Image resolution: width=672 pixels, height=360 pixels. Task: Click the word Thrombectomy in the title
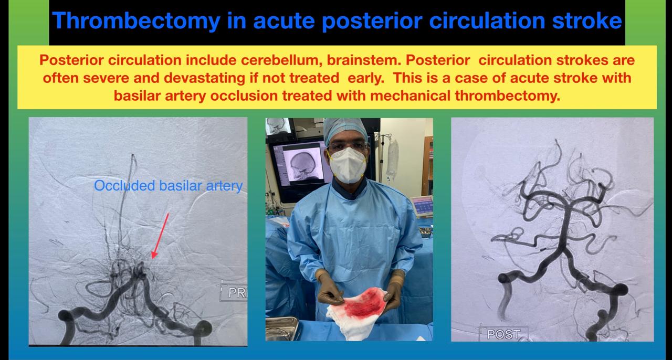tap(136, 21)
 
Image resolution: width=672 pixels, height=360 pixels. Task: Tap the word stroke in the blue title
tap(587, 20)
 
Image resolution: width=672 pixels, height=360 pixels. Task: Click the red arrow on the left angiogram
tap(161, 236)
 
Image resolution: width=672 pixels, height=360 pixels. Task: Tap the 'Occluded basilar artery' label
tap(168, 186)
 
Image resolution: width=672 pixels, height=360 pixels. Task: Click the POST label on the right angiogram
tap(503, 334)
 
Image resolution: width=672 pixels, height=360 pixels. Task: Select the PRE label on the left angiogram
tap(238, 292)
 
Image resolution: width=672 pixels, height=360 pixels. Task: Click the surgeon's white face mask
tap(348, 165)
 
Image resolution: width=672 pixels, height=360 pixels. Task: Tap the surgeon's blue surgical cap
tap(345, 130)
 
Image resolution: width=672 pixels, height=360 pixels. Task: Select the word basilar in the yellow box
tap(135, 96)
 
